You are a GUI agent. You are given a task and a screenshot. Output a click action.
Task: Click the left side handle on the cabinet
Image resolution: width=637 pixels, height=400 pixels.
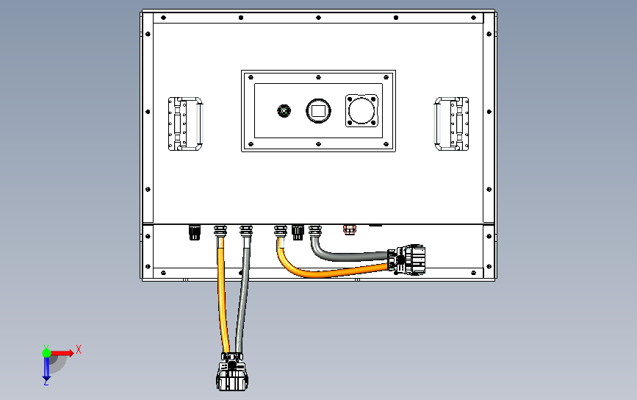pos(185,124)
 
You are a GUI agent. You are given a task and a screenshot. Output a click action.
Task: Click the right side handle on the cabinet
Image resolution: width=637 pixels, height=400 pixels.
pos(451,124)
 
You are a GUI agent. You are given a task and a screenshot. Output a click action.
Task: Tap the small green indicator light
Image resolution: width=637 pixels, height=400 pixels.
pos(284,110)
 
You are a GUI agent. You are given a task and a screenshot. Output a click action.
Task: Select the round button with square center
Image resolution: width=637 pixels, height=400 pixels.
pos(319,110)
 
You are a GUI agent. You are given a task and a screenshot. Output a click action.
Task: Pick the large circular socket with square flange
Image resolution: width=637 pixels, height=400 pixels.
pos(361,110)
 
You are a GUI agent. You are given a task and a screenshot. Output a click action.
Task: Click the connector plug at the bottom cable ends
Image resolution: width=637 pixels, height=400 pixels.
pos(232,372)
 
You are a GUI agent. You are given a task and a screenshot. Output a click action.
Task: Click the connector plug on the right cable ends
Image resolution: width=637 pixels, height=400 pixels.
pos(406,260)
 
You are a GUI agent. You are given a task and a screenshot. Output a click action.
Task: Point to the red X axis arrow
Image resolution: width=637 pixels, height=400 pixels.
pos(62,353)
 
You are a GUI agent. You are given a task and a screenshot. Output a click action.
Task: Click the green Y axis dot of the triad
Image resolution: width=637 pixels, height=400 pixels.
pos(46,353)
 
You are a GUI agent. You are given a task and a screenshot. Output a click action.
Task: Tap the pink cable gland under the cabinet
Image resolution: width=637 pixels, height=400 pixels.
pos(350,229)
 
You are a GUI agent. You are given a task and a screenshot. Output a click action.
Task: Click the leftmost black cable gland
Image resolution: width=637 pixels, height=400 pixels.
pos(195,232)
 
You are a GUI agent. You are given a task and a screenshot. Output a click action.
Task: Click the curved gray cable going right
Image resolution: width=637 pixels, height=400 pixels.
pos(345,257)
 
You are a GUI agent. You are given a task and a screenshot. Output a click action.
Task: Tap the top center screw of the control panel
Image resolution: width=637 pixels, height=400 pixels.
pos(319,76)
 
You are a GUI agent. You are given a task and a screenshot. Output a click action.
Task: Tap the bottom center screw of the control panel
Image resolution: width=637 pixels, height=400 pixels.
pos(319,144)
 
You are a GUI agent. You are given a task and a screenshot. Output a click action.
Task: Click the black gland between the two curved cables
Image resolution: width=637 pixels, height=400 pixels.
pos(298,232)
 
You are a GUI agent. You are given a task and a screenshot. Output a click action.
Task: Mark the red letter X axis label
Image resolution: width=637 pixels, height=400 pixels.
pos(79,349)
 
